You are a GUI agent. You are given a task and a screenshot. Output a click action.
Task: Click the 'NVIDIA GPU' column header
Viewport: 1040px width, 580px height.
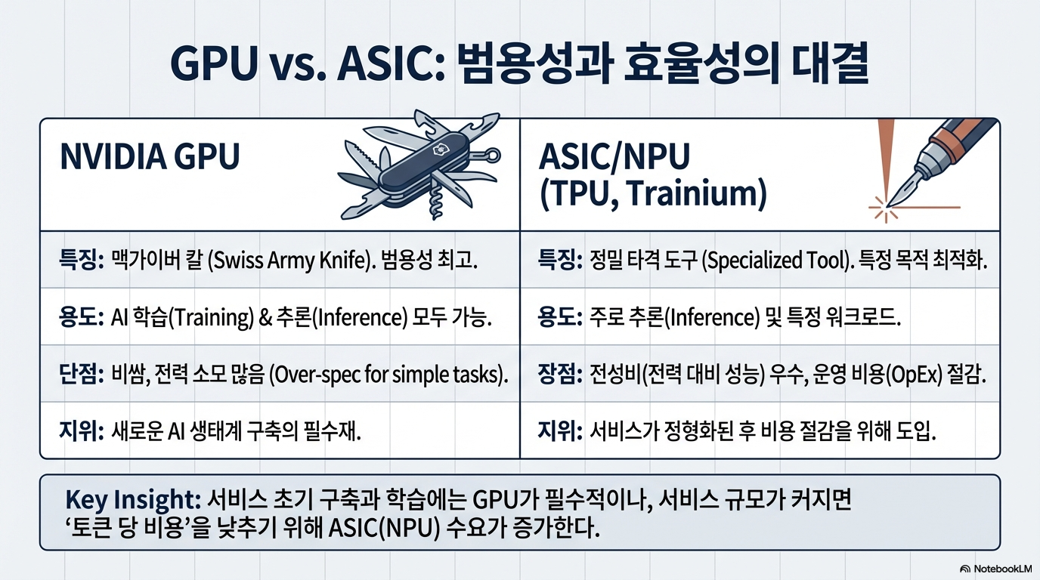coord(150,157)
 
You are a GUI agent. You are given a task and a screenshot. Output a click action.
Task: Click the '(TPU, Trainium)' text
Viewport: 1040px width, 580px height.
coord(653,194)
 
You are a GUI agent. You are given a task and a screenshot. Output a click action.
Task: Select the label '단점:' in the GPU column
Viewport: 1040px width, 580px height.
coord(82,375)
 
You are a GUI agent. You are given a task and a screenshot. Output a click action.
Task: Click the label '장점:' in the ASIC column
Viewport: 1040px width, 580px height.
coord(560,375)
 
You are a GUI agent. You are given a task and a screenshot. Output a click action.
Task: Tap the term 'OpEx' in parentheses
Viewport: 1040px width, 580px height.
coord(915,375)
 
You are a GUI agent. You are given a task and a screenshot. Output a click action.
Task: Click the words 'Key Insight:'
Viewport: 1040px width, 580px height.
coord(133,500)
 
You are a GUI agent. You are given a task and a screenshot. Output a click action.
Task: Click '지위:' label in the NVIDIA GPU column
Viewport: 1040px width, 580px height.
coord(82,431)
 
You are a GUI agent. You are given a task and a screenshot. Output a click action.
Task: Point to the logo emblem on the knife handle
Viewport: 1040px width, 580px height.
coord(438,150)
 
